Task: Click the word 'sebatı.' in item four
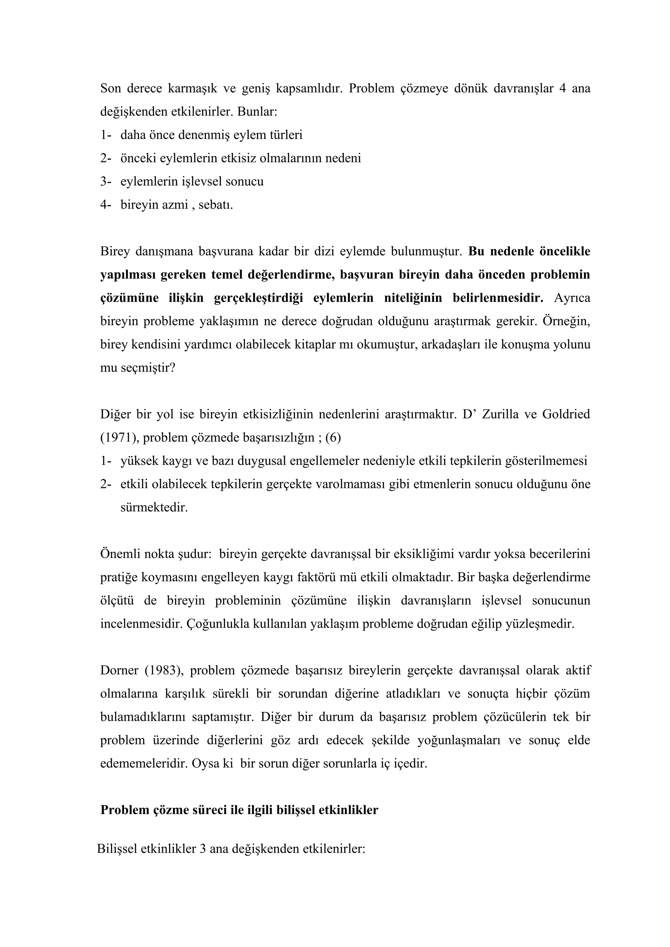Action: click(x=216, y=205)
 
